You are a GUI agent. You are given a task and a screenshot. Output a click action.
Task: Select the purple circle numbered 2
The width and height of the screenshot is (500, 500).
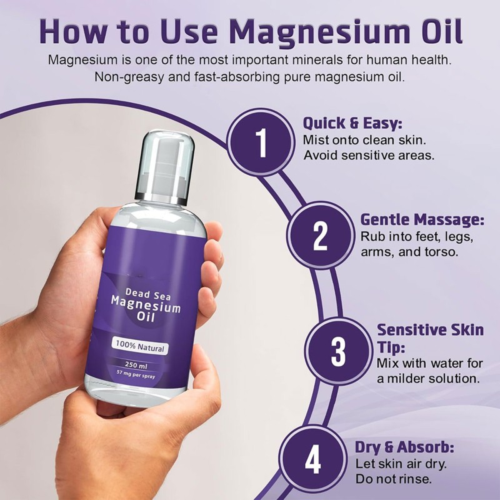pyautogui.click(x=319, y=236)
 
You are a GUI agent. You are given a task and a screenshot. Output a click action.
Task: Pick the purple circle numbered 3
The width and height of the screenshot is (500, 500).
pyautogui.click(x=337, y=351)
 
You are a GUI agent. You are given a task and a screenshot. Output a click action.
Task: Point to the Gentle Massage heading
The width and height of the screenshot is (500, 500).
pyautogui.click(x=422, y=219)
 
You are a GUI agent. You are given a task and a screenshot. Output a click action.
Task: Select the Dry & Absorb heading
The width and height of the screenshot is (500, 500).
pyautogui.click(x=404, y=447)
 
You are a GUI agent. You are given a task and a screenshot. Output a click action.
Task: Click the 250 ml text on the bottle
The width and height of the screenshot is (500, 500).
pyautogui.click(x=144, y=363)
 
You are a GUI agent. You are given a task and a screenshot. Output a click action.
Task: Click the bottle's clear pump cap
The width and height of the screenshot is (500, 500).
pyautogui.click(x=164, y=166)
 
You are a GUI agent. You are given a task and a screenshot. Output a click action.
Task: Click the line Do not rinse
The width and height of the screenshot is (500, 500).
pyautogui.click(x=394, y=479)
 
